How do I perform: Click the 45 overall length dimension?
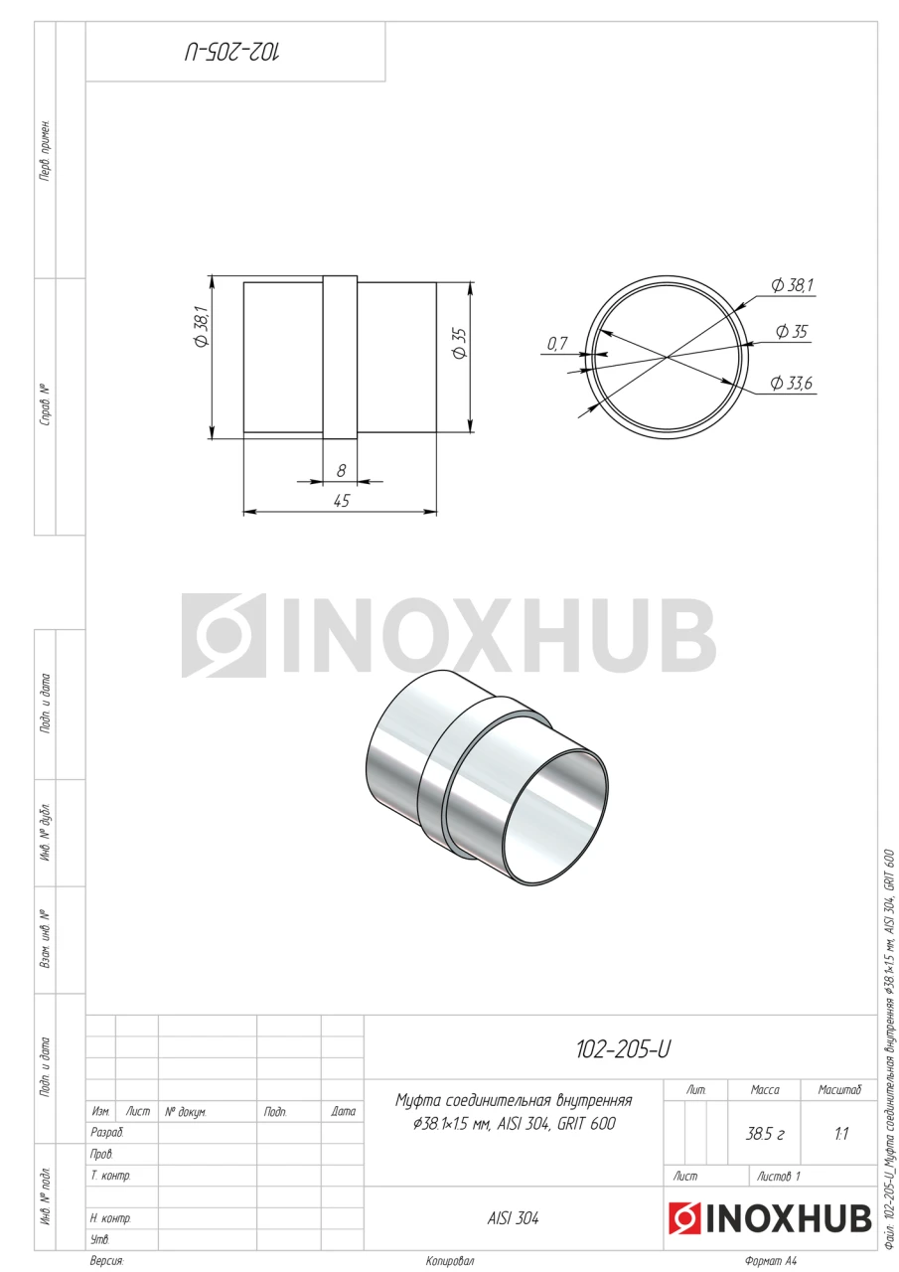[x=342, y=501]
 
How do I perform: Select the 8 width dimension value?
[x=341, y=471]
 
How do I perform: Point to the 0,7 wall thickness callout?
[x=556, y=344]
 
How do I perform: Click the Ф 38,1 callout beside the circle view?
[x=793, y=285]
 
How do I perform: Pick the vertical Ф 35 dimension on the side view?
[x=459, y=343]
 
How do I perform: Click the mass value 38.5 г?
[x=765, y=1134]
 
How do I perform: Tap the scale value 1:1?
[x=841, y=1134]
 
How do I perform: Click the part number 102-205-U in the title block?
[x=623, y=1050]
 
